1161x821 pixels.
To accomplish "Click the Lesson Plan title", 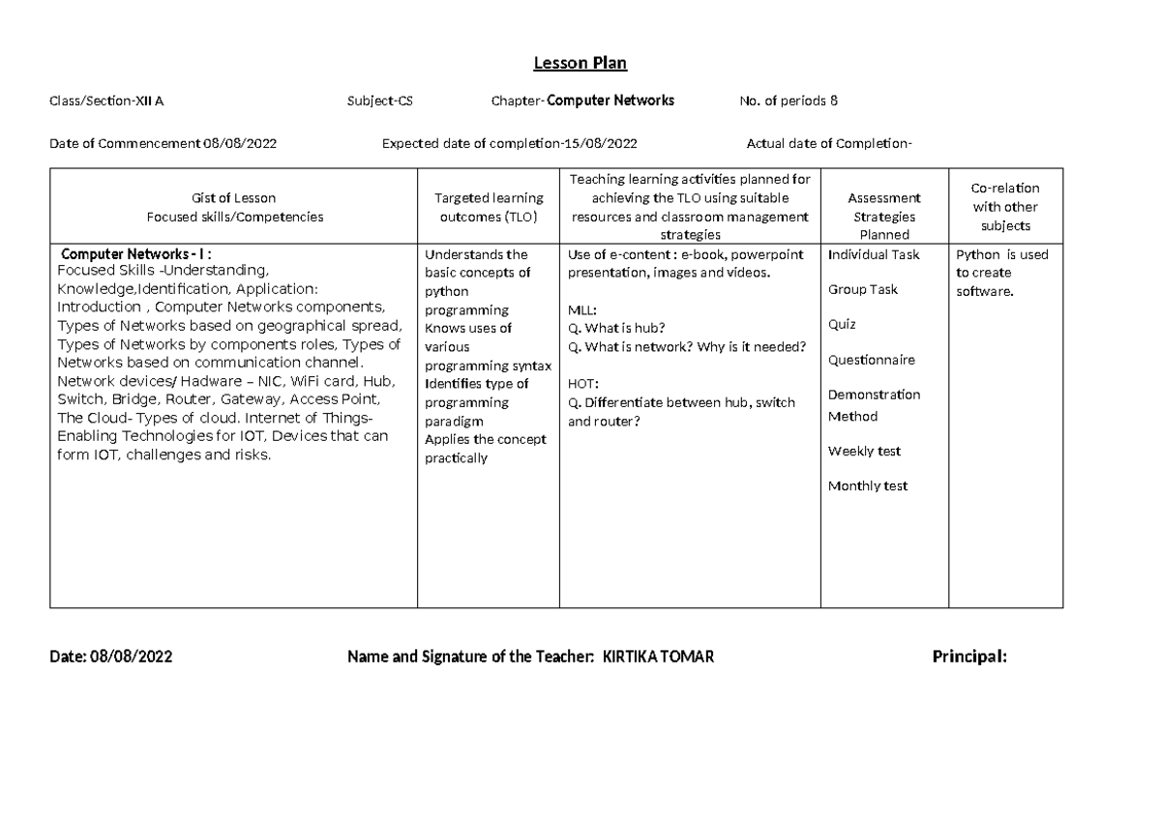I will [x=580, y=64].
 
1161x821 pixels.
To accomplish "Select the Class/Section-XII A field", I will [x=113, y=101].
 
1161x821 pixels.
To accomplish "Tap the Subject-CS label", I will [x=380, y=101].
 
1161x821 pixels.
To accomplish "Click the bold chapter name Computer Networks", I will [x=610, y=101].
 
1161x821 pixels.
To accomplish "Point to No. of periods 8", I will [x=783, y=101].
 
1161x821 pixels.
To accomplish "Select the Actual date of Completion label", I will [x=829, y=145].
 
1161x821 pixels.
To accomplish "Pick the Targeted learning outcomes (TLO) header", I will [x=488, y=208].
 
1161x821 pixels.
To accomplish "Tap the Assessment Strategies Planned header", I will [x=884, y=217].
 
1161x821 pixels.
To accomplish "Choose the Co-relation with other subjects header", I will [x=1005, y=207].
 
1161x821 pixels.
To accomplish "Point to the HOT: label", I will [x=583, y=384].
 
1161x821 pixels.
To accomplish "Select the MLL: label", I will [x=582, y=309].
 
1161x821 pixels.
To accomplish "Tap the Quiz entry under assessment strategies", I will [x=842, y=325].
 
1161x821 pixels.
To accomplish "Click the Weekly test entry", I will [x=864, y=452].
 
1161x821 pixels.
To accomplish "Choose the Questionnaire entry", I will [x=871, y=361].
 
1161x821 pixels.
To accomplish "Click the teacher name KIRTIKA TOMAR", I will [x=658, y=658].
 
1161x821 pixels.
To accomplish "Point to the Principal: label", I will [x=968, y=658].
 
